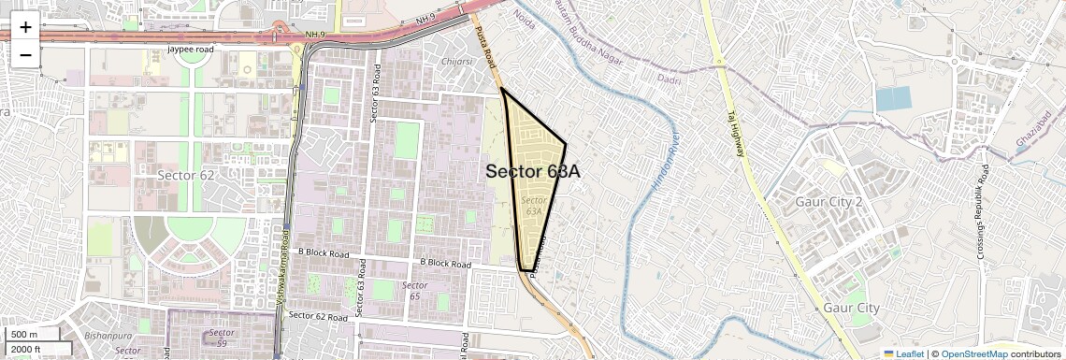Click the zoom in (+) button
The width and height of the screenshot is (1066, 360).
pyautogui.click(x=25, y=27)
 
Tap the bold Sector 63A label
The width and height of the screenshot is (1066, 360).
pyautogui.click(x=533, y=172)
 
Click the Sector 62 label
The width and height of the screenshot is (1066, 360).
pyautogui.click(x=186, y=175)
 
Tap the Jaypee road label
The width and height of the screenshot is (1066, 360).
pyautogui.click(x=191, y=49)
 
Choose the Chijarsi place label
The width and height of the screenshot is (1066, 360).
pyautogui.click(x=456, y=62)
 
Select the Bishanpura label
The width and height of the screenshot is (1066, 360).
pyautogui.click(x=108, y=333)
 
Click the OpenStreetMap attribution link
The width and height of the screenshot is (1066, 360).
pyautogui.click(x=974, y=353)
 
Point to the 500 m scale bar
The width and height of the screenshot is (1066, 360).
pyautogui.click(x=32, y=335)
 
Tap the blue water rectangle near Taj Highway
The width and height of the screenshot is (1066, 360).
pyautogui.click(x=892, y=98)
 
